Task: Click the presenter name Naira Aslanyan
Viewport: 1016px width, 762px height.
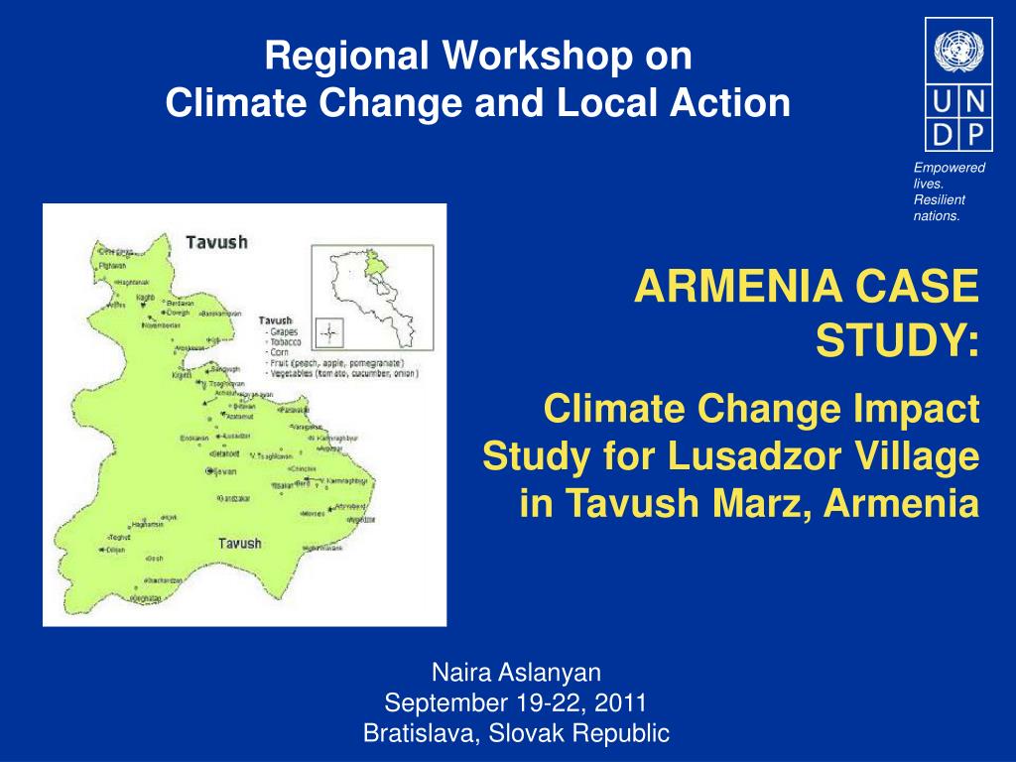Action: click(516, 673)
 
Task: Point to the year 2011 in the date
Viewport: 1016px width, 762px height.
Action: click(622, 703)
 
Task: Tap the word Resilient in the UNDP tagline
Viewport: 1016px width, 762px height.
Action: click(938, 199)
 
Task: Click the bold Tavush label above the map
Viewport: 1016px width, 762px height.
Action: click(216, 242)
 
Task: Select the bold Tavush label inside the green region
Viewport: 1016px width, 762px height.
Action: click(239, 543)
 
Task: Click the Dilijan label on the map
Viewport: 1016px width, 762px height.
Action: click(116, 549)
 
